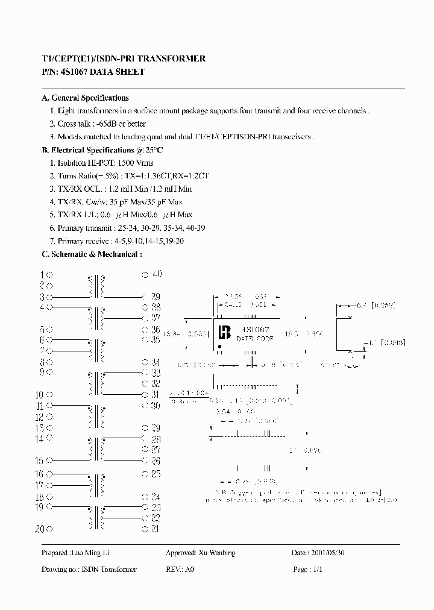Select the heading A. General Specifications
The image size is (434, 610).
(85, 98)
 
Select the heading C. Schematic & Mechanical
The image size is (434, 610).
(92, 254)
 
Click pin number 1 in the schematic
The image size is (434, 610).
(42, 275)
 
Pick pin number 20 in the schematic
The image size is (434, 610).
(39, 529)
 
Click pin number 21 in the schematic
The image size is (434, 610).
(155, 529)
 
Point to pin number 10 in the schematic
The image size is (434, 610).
(39, 395)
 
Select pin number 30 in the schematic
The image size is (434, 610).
(155, 406)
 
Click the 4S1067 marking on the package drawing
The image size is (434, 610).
(254, 330)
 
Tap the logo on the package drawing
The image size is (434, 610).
(224, 332)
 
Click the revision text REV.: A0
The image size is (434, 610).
(180, 570)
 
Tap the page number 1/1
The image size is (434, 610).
(317, 570)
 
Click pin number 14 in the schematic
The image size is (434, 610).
(39, 439)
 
